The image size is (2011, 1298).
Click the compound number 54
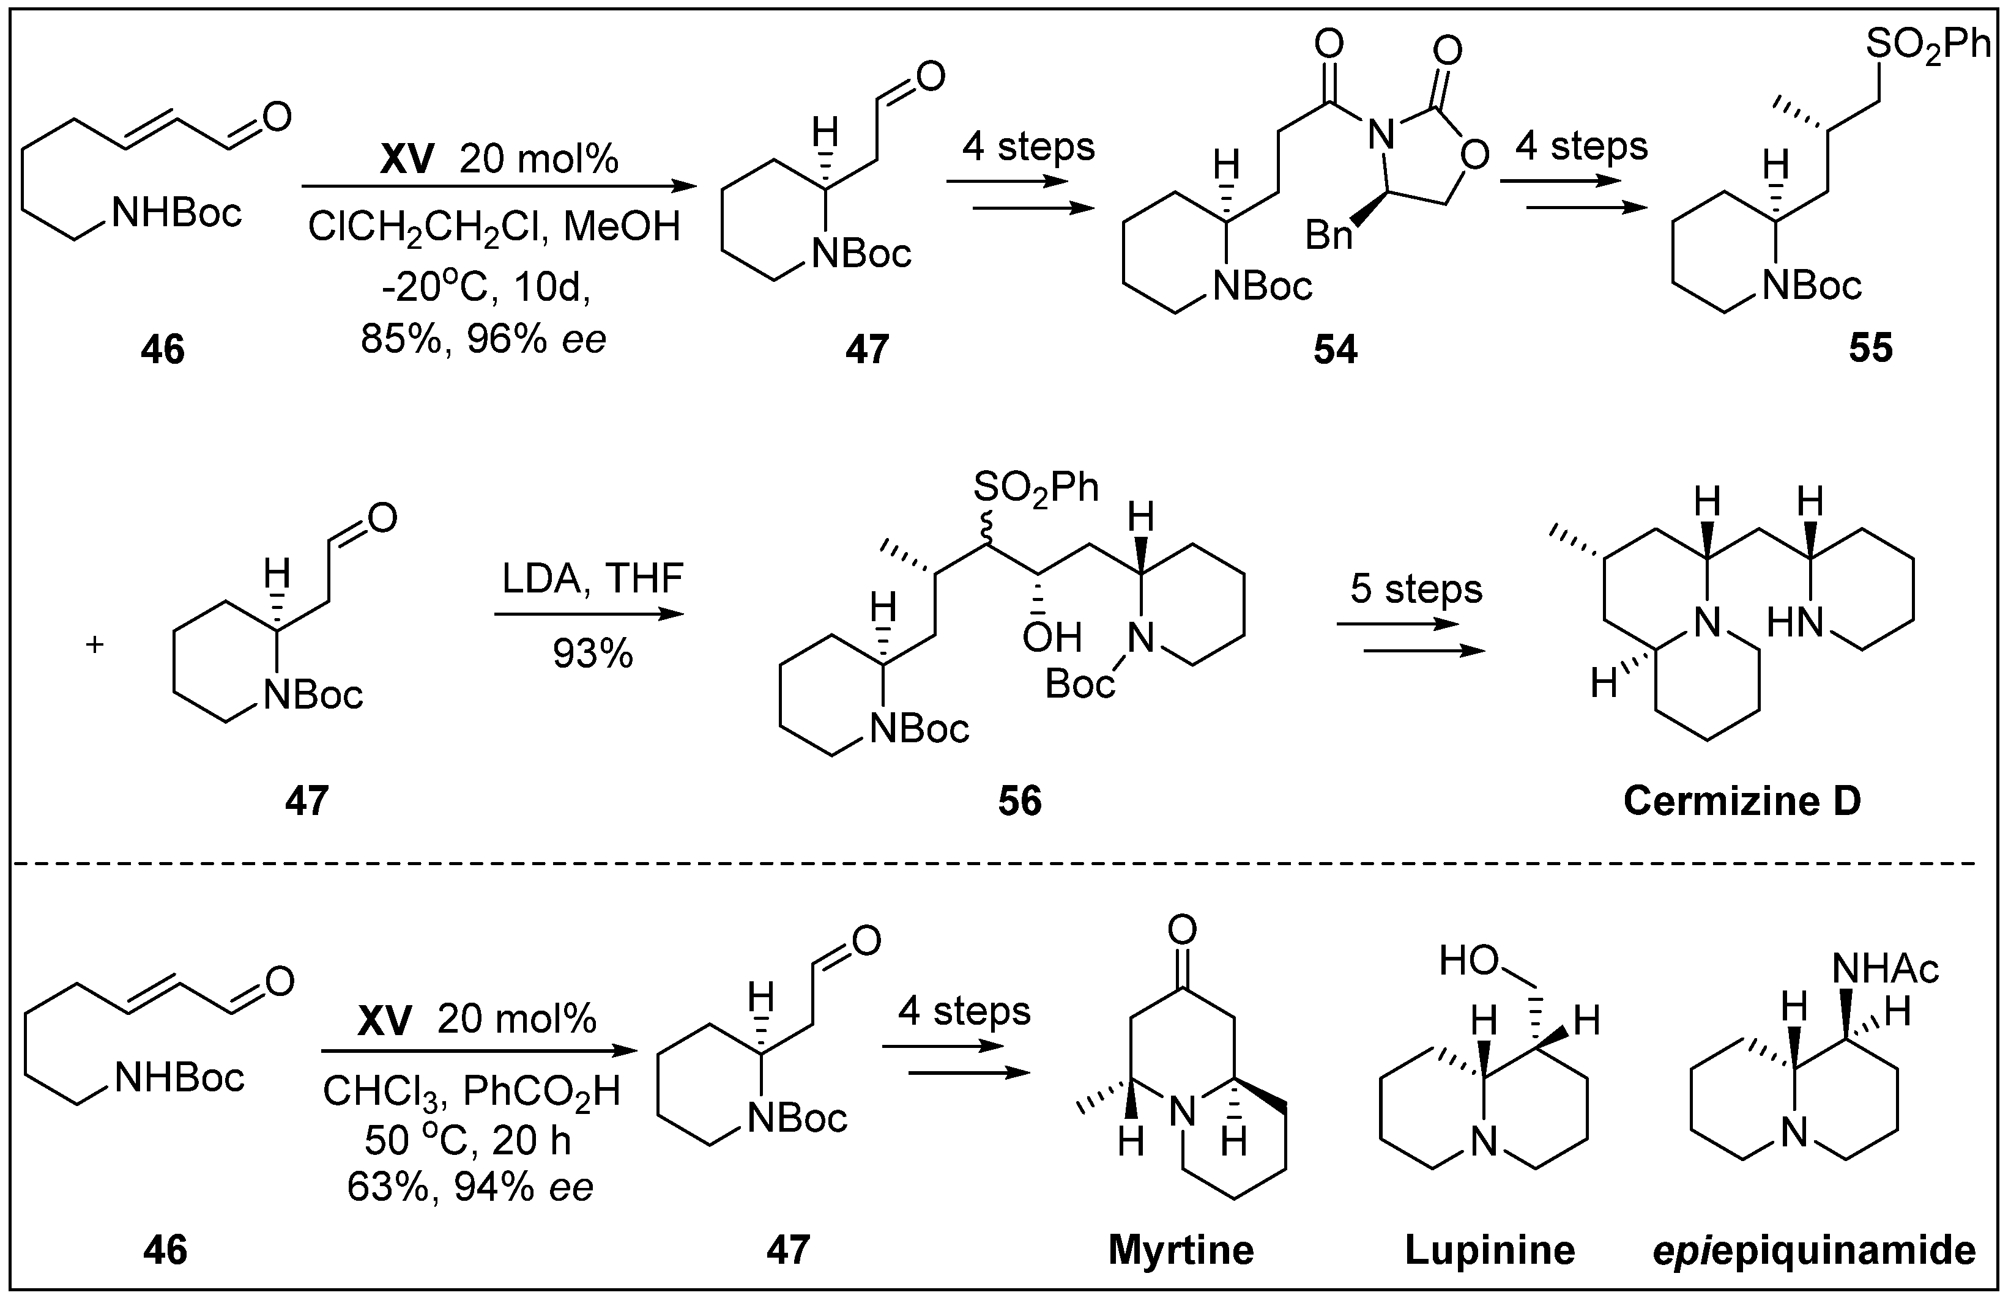(1335, 350)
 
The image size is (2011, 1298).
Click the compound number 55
(1870, 348)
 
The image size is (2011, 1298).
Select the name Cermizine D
(1742, 801)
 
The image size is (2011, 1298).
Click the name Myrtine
(1180, 1249)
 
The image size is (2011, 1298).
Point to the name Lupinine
(1489, 1249)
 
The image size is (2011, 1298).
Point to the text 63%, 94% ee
(470, 1187)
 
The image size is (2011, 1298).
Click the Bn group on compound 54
(1329, 236)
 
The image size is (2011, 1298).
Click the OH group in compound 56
(1052, 638)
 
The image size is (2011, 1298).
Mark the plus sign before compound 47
(94, 646)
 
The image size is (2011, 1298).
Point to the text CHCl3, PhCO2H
(471, 1093)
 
